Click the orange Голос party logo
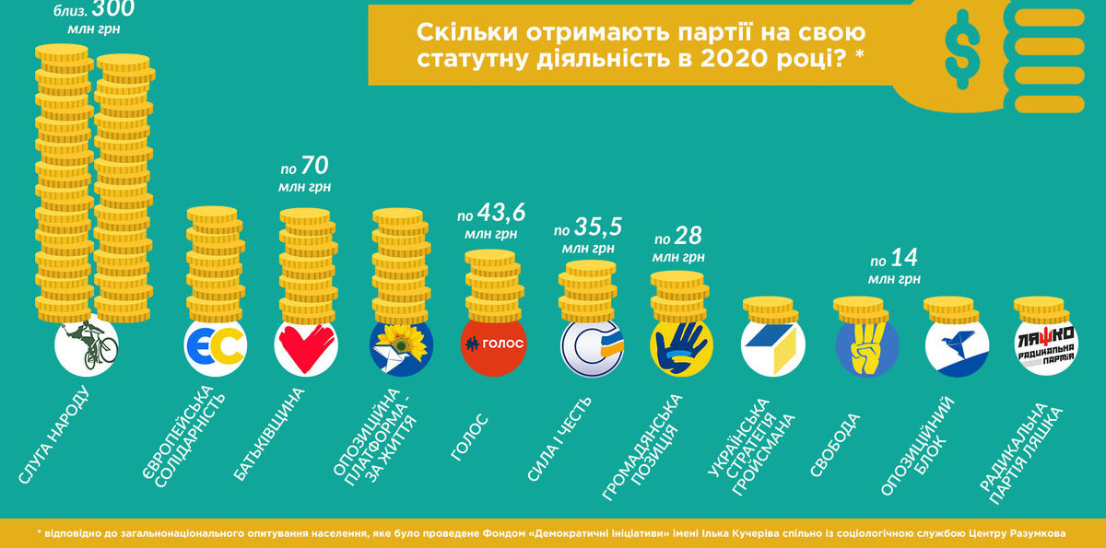pyautogui.click(x=492, y=345)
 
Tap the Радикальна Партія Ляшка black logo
pyautogui.click(x=1045, y=348)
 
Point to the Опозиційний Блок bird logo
pyautogui.click(x=957, y=348)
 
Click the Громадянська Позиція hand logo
pyautogui.click(x=682, y=348)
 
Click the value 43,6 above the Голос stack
pyautogui.click(x=503, y=215)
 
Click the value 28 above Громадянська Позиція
pyautogui.click(x=688, y=235)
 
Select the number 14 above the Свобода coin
pyautogui.click(x=905, y=258)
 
